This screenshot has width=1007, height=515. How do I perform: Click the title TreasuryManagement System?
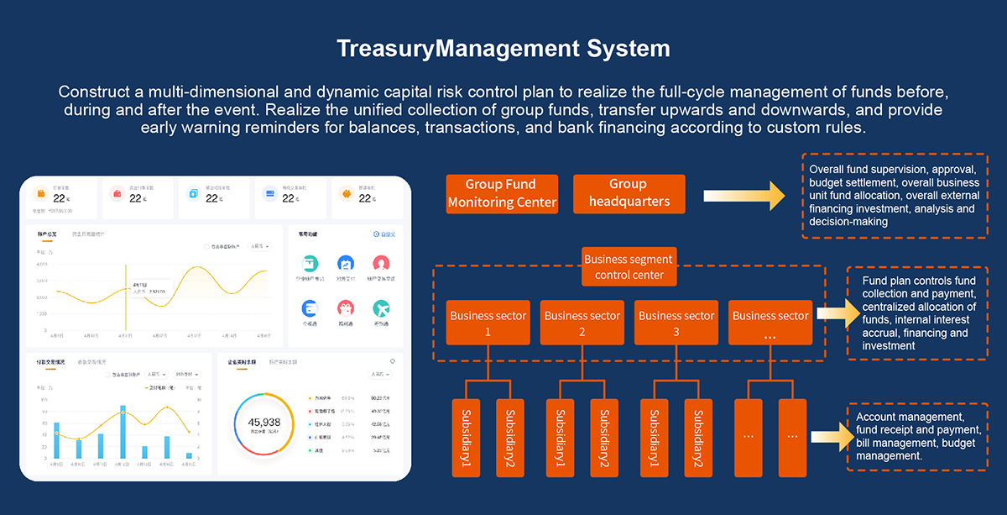coord(503,48)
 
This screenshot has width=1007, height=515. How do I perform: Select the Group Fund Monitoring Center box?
coord(502,194)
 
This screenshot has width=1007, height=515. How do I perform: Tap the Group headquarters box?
coord(629,194)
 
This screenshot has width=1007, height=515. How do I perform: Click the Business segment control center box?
coord(629,267)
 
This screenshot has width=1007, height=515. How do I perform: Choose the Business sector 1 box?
coord(488,322)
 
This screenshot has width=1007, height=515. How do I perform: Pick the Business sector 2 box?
coord(582,322)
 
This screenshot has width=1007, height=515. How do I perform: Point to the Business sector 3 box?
coord(676,322)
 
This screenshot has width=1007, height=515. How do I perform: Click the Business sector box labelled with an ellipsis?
coord(770,322)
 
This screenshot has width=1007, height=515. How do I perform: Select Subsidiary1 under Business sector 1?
coord(467,437)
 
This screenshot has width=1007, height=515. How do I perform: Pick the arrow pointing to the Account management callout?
coord(830,437)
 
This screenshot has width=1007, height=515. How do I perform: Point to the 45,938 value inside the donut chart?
coord(264,422)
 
